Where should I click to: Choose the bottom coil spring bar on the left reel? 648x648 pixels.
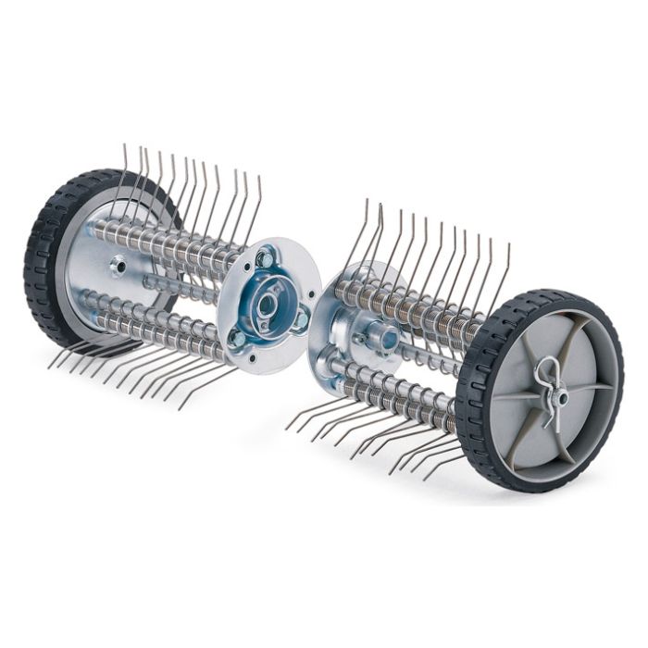click(x=157, y=324)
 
